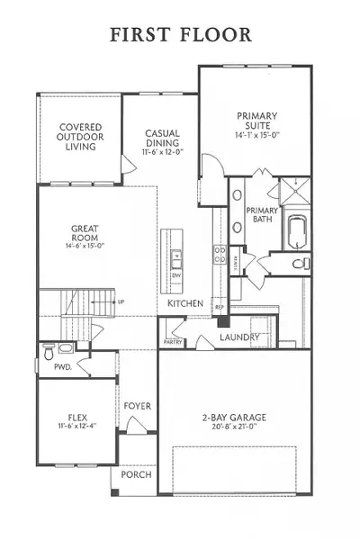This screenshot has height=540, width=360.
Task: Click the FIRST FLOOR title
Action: point(180,34)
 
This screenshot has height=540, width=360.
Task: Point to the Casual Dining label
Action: point(163,139)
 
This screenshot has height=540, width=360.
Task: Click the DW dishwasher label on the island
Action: point(177,276)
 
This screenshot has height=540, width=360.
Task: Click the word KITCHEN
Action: point(184,304)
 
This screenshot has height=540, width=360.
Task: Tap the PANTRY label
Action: point(173,341)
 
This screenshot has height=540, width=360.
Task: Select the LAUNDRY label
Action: point(239,338)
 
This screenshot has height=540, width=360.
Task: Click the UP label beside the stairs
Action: point(121,302)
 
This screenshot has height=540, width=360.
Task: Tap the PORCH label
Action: point(136,475)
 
